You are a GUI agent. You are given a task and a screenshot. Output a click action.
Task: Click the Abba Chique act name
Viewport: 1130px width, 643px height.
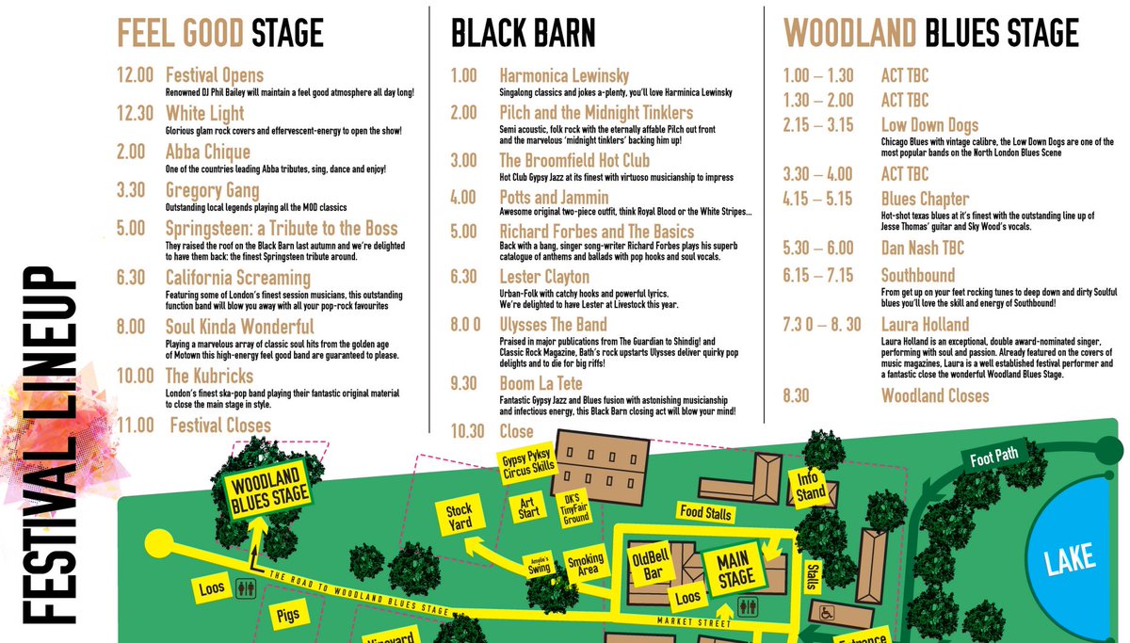207,152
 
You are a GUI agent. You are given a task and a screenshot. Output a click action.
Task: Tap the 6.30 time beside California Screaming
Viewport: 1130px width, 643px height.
131,278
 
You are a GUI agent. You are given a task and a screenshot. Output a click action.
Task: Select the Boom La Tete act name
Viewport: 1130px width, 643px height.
541,384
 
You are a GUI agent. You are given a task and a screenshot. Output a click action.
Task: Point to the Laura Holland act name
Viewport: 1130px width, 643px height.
925,325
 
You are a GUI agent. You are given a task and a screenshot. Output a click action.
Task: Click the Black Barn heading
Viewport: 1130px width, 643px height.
523,34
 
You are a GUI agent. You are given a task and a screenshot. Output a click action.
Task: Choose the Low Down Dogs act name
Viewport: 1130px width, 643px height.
929,125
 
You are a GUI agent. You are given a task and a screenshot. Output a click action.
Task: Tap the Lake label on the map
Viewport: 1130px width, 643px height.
1070,559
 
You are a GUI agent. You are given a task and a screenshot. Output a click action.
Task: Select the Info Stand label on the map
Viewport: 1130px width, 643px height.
811,486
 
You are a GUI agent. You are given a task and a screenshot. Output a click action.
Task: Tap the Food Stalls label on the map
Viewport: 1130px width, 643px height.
704,511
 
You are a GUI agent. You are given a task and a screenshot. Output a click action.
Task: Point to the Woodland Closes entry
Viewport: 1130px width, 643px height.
935,395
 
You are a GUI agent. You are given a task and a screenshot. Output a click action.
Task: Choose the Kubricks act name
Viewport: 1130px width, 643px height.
209,376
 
